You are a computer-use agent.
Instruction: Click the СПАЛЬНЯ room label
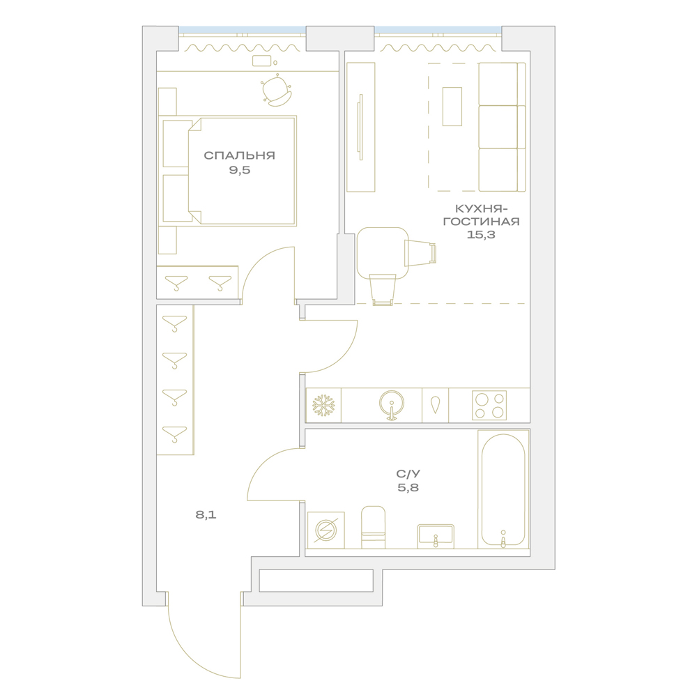point(239,155)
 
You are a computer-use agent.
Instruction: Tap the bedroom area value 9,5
point(240,170)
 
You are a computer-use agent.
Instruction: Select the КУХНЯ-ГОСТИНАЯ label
point(482,215)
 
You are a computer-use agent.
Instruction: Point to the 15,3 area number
point(481,234)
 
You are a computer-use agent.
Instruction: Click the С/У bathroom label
point(408,473)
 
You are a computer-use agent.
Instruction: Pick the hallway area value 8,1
point(206,515)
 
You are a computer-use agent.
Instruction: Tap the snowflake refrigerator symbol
point(323,406)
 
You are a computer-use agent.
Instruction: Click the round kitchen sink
point(392,404)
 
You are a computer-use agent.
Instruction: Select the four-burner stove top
point(489,406)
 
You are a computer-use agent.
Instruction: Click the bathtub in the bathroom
point(503,489)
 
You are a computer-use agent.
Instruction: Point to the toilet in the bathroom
point(373,527)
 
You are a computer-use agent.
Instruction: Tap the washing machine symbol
point(325,530)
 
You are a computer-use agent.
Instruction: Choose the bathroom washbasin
point(436,536)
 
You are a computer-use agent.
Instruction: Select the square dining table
point(382,252)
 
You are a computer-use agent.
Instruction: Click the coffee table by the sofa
point(452,107)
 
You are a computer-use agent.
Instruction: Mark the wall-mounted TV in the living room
point(360,127)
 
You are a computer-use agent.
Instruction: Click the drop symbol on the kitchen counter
point(435,404)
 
